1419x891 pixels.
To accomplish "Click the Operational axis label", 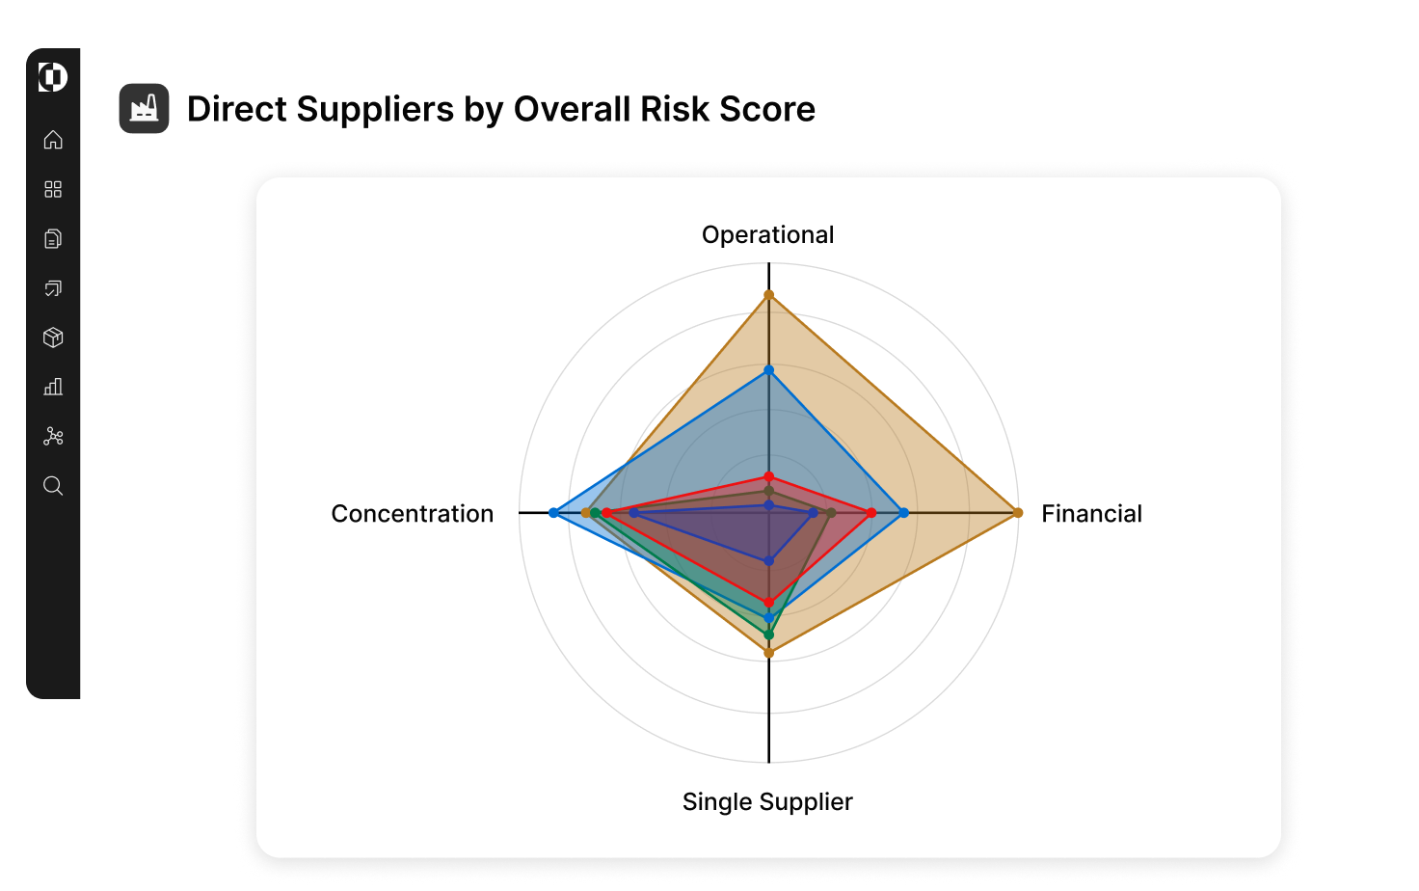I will click(767, 235).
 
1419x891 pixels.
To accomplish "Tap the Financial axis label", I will click(1091, 514).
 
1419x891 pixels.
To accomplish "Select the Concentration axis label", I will click(412, 514).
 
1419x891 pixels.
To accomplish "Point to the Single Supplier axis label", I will click(767, 802).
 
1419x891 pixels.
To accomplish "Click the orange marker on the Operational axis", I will click(768, 295).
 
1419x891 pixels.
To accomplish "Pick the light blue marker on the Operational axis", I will click(768, 370).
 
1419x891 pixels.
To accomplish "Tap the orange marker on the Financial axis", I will click(1018, 513).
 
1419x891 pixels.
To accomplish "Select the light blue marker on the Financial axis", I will click(903, 513).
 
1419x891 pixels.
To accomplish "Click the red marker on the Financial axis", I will click(871, 513).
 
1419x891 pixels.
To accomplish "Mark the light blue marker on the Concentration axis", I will click(553, 513).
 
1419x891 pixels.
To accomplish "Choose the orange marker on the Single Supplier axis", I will click(768, 653).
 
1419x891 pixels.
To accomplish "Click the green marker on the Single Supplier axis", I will click(768, 634).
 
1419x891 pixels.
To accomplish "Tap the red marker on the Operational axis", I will click(768, 476).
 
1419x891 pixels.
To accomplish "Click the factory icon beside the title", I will click(144, 109).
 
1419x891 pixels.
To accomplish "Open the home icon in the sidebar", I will click(53, 140).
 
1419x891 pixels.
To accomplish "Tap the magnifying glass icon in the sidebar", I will click(53, 486).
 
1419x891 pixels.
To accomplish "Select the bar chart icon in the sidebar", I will click(53, 387).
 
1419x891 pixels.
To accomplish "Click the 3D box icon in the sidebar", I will click(53, 337).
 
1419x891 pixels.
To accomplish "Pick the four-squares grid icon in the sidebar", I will click(53, 189).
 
